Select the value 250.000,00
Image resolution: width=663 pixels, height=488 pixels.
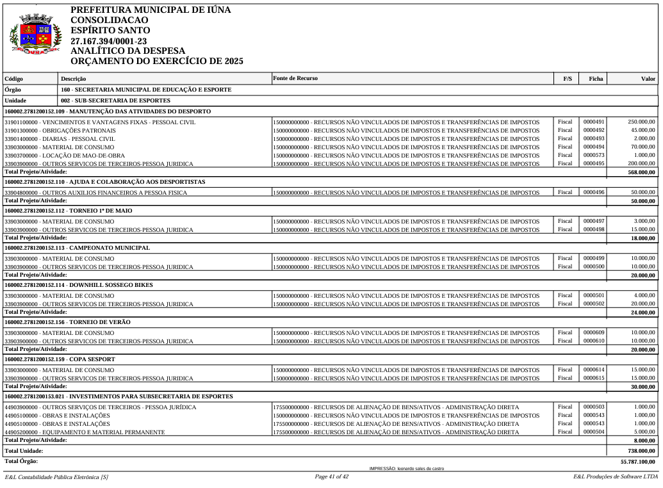pos(641,121)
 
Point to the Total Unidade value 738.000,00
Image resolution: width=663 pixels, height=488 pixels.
pos(641,451)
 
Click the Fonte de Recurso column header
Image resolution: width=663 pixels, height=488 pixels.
pos(295,78)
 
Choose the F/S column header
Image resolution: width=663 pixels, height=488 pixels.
pos(568,79)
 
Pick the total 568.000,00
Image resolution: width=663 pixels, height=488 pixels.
pos(641,172)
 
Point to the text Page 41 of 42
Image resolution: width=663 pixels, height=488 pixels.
pos(331,477)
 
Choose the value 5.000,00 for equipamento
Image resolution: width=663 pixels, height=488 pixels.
pos(644,432)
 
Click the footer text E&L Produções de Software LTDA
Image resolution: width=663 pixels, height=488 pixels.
pos(616,477)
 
